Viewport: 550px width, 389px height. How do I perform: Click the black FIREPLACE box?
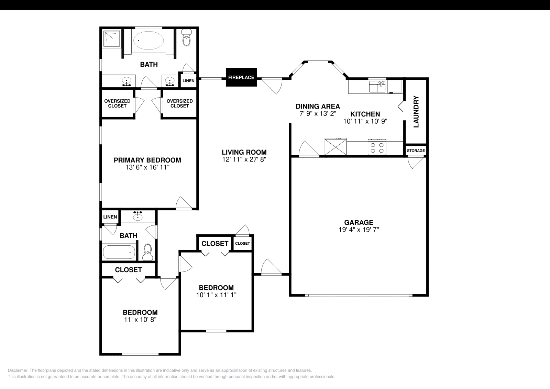241,77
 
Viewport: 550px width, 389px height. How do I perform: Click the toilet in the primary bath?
187,38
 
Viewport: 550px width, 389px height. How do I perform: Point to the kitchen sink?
377,87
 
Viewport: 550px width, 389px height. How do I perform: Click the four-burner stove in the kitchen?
377,147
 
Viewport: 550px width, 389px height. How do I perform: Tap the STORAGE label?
416,151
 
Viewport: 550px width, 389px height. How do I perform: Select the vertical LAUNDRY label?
416,112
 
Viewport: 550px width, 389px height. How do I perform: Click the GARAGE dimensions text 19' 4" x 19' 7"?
359,230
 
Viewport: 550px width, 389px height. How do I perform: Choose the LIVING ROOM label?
244,152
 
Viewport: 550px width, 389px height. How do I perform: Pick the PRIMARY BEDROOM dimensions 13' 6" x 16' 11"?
147,168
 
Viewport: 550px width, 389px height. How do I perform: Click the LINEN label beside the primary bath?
188,81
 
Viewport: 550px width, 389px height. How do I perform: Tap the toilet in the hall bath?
148,252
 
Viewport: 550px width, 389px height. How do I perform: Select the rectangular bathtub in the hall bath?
119,252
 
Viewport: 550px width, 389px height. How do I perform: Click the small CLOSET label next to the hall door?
242,243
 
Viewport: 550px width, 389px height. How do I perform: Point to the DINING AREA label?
318,106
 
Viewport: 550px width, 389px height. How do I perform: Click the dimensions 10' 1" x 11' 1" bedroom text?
216,295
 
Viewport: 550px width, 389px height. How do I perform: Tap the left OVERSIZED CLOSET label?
117,103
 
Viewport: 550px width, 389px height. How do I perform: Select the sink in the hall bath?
138,216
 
